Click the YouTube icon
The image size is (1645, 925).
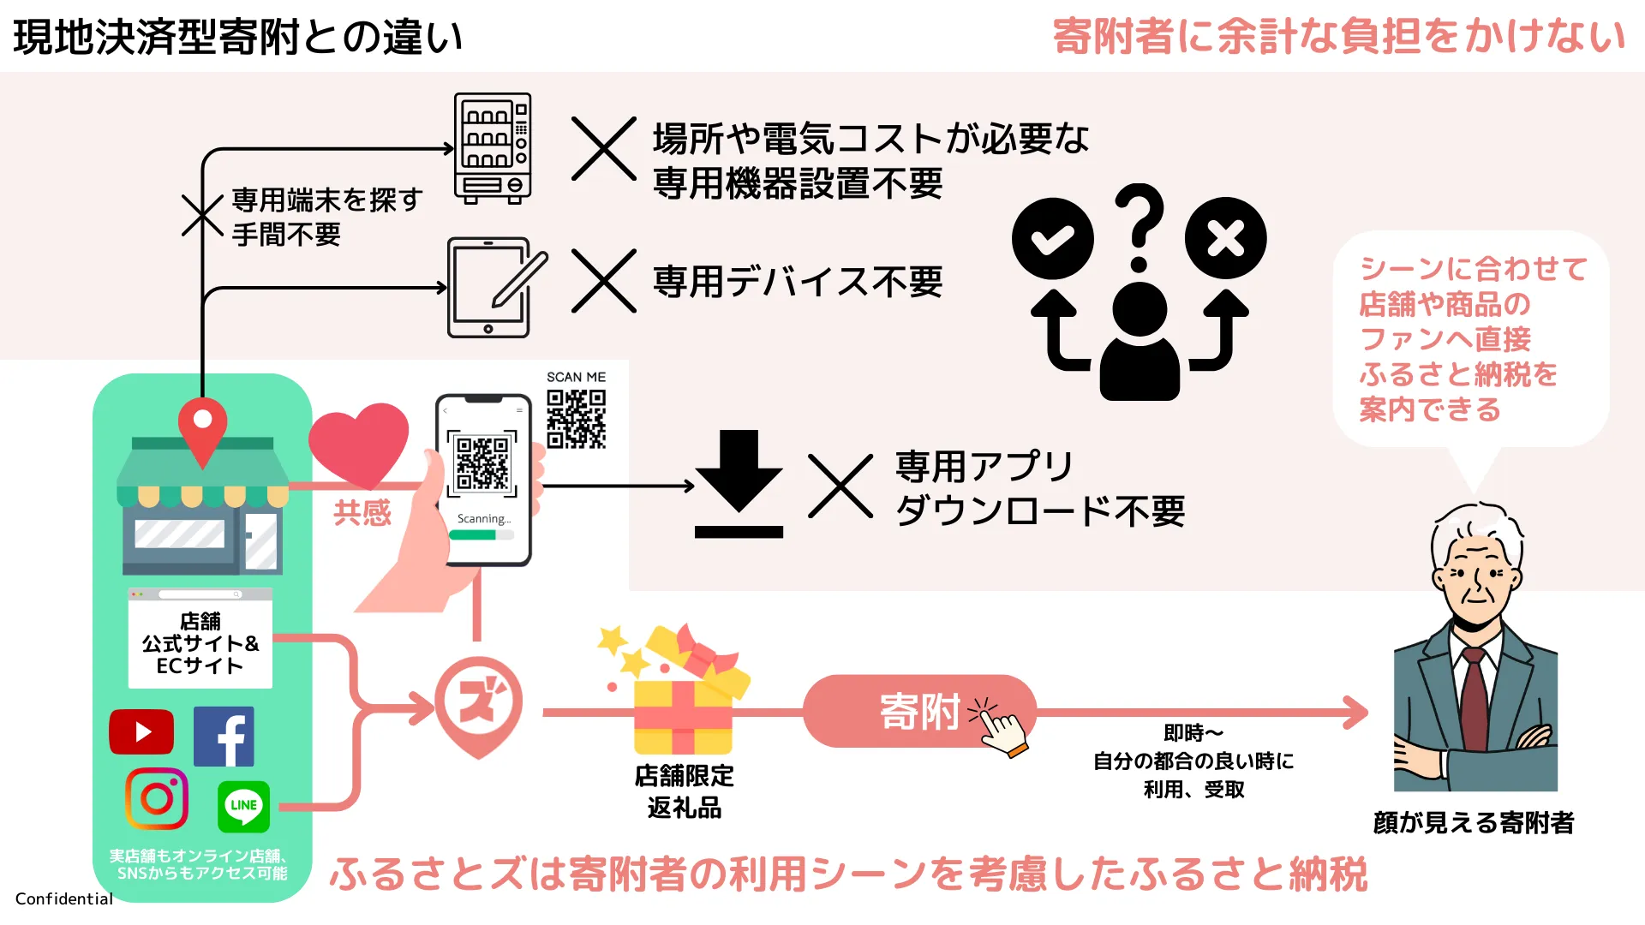pos(141,732)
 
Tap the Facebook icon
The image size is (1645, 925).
pos(224,737)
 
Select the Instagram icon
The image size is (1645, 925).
pos(157,799)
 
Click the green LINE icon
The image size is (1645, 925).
pos(243,807)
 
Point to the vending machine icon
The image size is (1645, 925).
pos(493,148)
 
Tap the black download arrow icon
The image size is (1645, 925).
pos(739,484)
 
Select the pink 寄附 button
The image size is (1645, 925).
pos(919,711)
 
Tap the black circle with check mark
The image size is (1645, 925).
pos(1053,239)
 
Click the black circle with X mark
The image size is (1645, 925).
pos(1226,239)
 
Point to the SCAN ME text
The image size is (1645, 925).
pos(576,377)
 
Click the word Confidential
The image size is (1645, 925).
pos(64,898)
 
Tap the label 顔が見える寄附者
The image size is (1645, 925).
pos(1474,823)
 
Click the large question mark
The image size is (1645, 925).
pos(1140,226)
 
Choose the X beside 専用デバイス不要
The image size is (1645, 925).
pos(604,281)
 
